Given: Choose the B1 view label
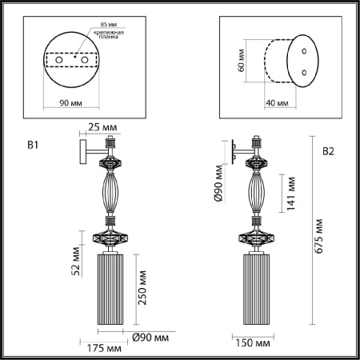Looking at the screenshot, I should click(33, 145).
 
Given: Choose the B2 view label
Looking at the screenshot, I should click(330, 150).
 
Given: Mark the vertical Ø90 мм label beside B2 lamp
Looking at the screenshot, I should click(217, 182).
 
